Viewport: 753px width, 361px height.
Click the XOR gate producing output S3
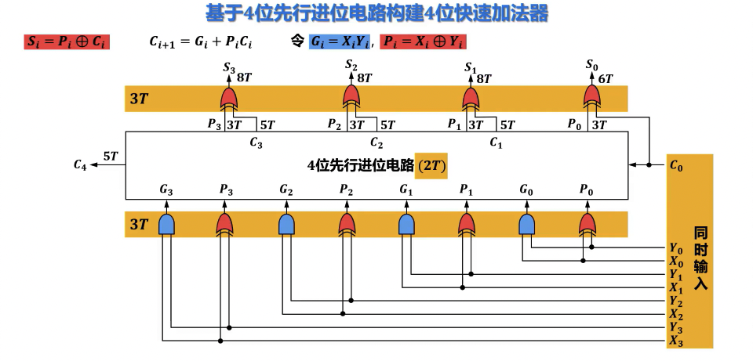[x=229, y=98]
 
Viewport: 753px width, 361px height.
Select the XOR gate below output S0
[x=592, y=98]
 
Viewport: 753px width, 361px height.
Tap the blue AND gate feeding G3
[x=166, y=225]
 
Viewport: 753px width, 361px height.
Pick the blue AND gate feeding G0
[x=526, y=225]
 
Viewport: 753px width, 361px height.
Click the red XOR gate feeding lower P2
[x=346, y=225]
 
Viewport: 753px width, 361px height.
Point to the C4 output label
[x=80, y=164]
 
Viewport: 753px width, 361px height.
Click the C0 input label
[x=675, y=165]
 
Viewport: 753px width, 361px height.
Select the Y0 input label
[x=675, y=248]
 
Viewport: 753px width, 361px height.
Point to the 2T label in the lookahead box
[x=431, y=165]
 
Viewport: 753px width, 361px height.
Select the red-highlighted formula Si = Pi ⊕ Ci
[x=67, y=42]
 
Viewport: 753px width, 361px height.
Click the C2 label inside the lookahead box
[x=376, y=143]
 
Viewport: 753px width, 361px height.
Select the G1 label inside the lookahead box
[x=406, y=190]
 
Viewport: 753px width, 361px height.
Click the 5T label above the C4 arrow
[x=111, y=156]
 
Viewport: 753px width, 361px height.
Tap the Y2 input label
[x=675, y=301]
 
